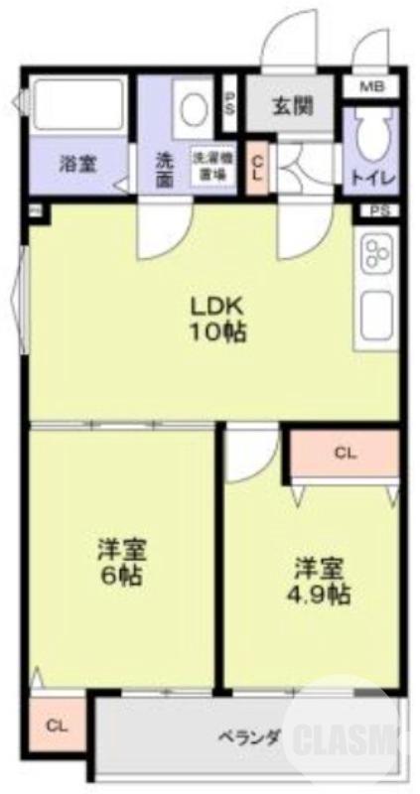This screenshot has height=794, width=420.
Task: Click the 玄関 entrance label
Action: pyautogui.click(x=290, y=104)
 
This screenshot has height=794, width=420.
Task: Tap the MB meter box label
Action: pyautogui.click(x=371, y=87)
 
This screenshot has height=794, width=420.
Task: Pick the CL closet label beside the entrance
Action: pyautogui.click(x=257, y=170)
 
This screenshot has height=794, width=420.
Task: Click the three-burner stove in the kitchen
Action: pyautogui.click(x=376, y=254)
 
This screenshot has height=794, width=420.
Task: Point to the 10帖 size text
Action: pyautogui.click(x=218, y=332)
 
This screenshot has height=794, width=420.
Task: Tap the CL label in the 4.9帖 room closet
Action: pyautogui.click(x=345, y=455)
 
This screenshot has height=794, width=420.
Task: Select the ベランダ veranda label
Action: pyautogui.click(x=249, y=736)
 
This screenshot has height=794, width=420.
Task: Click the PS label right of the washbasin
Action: pyautogui.click(x=229, y=103)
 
